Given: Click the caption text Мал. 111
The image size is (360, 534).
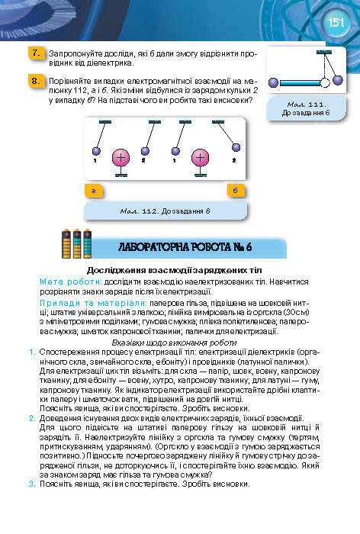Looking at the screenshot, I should [308, 102].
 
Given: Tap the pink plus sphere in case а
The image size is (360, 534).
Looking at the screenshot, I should [121, 159].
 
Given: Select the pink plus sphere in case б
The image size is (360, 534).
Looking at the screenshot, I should [200, 159].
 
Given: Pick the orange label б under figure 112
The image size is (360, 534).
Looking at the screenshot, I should [236, 190].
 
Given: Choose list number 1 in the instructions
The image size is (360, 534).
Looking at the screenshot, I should [31, 353].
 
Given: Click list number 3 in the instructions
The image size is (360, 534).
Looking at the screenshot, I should [31, 484].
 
